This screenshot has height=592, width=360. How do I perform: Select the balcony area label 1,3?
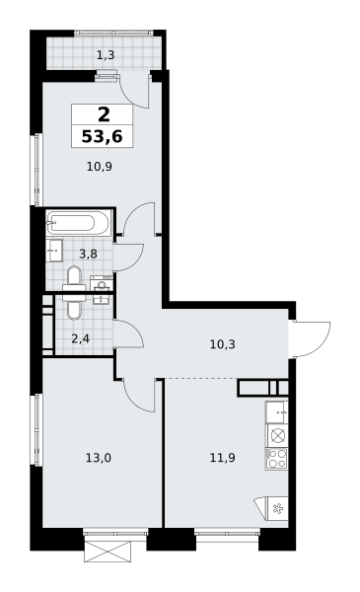coord(107,55)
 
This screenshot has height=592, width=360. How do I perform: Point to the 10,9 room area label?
coord(100,167)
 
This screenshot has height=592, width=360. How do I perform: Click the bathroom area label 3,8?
coord(87,253)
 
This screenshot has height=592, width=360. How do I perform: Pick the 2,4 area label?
coord(79,338)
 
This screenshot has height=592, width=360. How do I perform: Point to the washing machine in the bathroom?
coord(102,284)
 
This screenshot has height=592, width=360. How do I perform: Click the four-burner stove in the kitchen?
coord(277,458)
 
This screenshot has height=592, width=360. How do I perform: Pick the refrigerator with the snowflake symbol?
coord(274,508)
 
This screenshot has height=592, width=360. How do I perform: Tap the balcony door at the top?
coord(137,92)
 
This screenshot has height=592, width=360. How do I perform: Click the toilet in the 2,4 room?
coord(74,307)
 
